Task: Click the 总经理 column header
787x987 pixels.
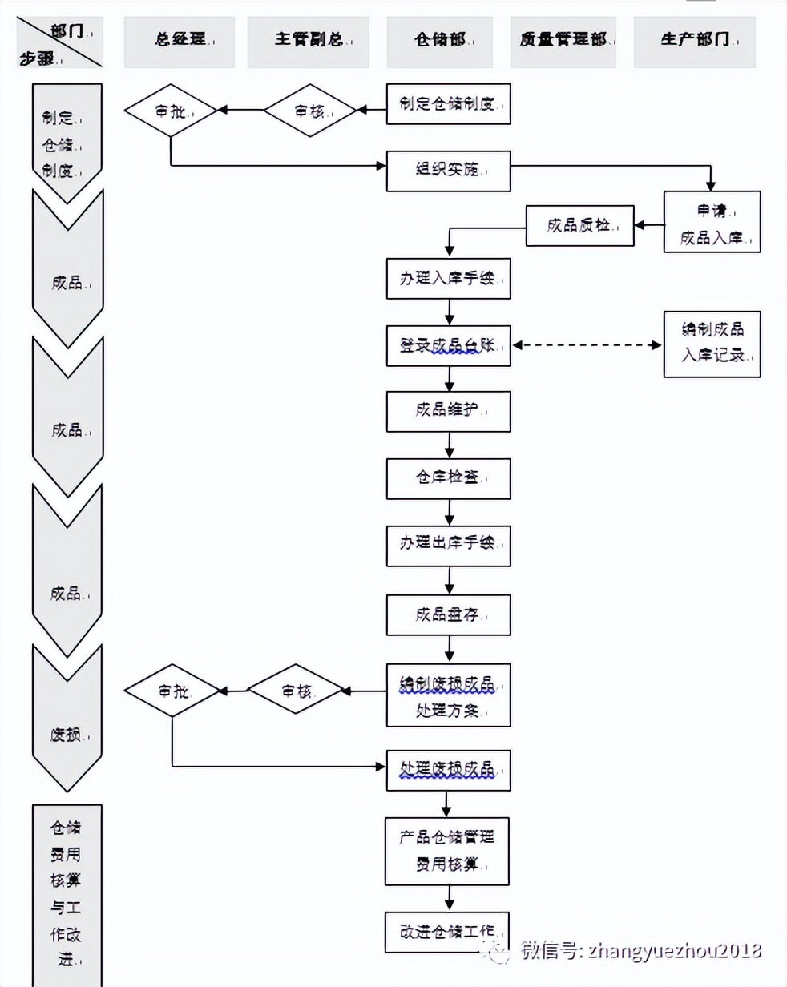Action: pyautogui.click(x=180, y=41)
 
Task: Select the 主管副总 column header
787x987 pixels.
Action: pyautogui.click(x=309, y=41)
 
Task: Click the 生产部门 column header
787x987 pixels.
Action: pyautogui.click(x=694, y=41)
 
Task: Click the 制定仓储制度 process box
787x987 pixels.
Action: pyautogui.click(x=448, y=103)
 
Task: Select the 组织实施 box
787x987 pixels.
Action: pyautogui.click(x=448, y=170)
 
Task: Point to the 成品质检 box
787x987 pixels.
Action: pyautogui.click(x=579, y=227)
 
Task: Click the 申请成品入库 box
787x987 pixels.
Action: pyautogui.click(x=712, y=222)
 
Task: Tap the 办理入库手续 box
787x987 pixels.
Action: pyautogui.click(x=448, y=280)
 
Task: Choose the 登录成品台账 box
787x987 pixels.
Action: pyautogui.click(x=448, y=346)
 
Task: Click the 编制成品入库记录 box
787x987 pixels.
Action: pyautogui.click(x=712, y=344)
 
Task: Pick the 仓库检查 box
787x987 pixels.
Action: pyautogui.click(x=448, y=478)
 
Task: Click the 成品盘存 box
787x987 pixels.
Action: pyautogui.click(x=448, y=614)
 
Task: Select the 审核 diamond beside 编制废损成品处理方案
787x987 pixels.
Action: pyautogui.click(x=296, y=691)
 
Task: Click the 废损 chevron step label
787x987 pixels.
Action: pyautogui.click(x=67, y=735)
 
